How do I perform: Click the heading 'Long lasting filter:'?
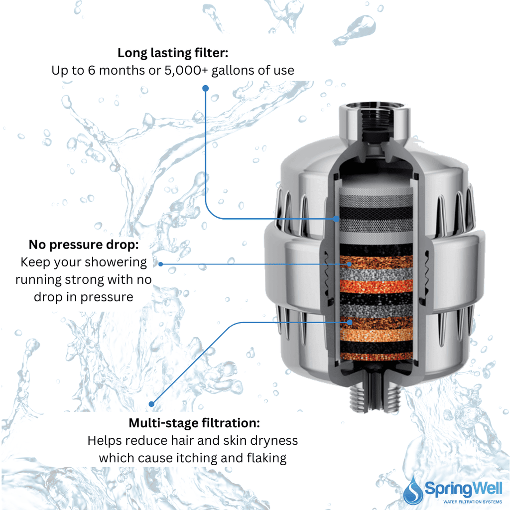(173, 53)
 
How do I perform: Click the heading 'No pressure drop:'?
(83, 245)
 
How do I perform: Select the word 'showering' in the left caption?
(116, 262)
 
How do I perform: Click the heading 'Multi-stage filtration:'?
(194, 423)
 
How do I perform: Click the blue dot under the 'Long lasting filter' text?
(205, 88)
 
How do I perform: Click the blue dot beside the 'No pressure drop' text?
(160, 263)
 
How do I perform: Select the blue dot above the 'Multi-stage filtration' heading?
(152, 404)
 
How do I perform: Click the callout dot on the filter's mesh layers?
(337, 218)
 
